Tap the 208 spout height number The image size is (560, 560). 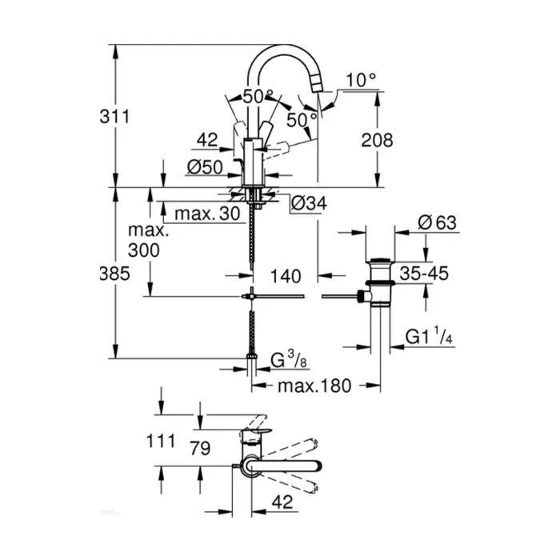(x=376, y=141)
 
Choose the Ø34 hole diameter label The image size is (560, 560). (x=308, y=204)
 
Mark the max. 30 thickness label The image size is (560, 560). (x=206, y=214)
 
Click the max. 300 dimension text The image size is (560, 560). (x=148, y=240)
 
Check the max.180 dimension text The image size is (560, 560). (x=314, y=386)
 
